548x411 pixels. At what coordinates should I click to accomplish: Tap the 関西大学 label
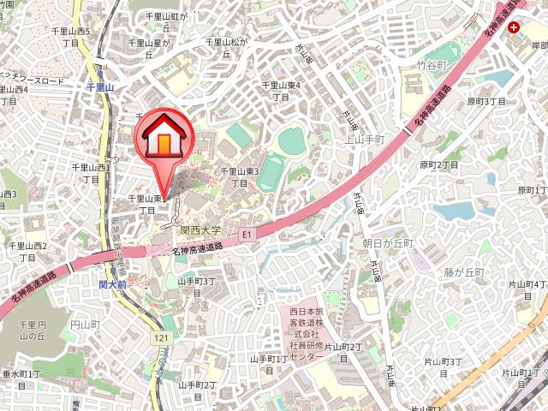tap(200, 229)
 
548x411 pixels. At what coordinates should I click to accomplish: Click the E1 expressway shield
tap(247, 232)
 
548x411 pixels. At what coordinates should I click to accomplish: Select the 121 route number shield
tap(161, 339)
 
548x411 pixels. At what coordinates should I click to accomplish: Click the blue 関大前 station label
tap(112, 283)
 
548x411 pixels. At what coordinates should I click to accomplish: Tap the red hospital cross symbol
tap(513, 27)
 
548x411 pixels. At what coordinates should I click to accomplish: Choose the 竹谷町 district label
tap(432, 65)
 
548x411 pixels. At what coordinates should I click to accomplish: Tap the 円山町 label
tap(85, 325)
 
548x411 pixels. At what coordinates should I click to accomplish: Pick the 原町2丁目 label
tap(439, 164)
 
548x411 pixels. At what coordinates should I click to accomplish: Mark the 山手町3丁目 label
tap(196, 286)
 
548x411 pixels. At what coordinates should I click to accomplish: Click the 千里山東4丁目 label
tap(281, 91)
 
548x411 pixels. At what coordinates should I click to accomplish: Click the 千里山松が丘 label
tap(229, 46)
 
